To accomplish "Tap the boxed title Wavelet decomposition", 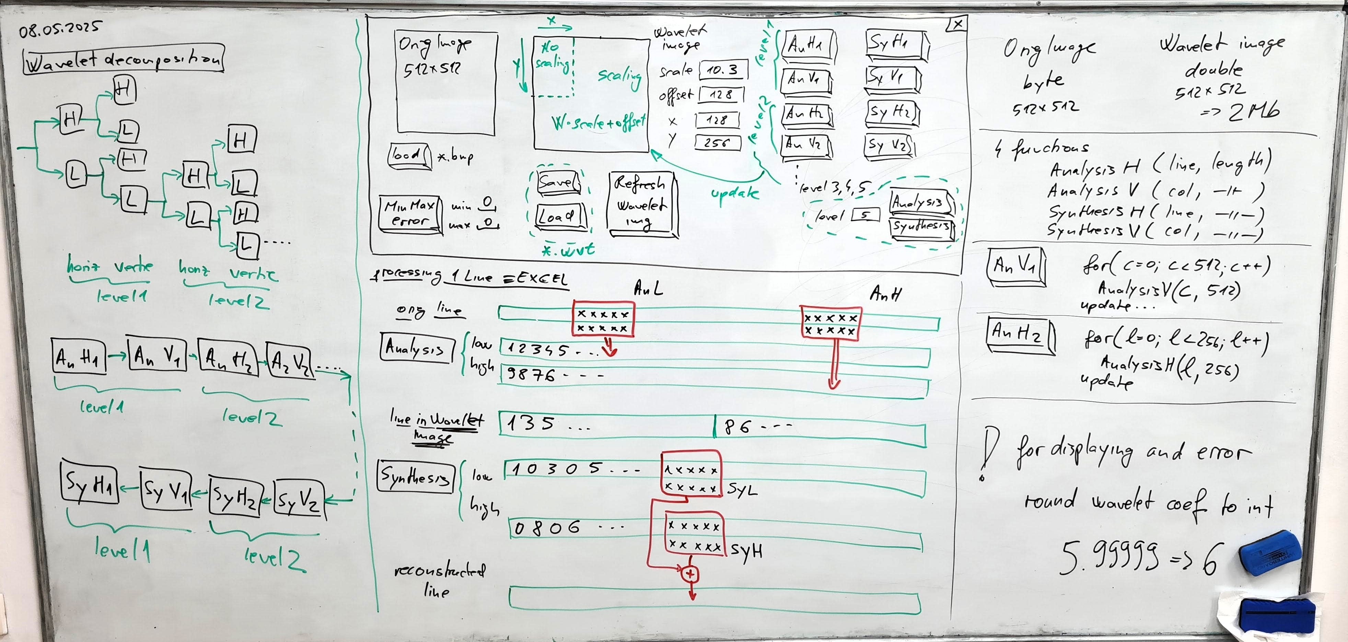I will [124, 60].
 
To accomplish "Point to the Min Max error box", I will [410, 213].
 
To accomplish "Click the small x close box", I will [957, 24].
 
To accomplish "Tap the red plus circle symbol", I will [690, 574].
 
